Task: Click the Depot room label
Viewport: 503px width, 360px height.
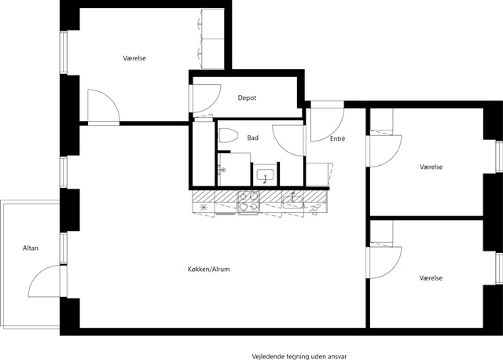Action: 247,98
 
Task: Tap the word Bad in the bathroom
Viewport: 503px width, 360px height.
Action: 253,138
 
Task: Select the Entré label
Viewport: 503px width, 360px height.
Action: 338,138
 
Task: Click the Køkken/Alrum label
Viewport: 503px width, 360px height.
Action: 209,269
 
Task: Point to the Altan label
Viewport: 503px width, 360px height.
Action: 31,248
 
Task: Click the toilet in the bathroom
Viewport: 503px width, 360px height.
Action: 227,136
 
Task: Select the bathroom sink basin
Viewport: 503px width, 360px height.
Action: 265,174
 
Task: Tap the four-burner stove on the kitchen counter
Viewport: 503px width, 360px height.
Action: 248,201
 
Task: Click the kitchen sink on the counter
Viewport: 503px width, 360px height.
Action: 292,201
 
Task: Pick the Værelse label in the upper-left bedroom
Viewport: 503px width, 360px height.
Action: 134,58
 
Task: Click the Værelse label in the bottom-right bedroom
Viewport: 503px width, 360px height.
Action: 431,278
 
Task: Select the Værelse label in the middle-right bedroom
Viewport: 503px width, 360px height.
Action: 431,167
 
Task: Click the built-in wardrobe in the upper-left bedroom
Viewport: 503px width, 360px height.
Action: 212,39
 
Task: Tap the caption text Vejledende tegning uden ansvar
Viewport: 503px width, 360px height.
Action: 299,357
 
